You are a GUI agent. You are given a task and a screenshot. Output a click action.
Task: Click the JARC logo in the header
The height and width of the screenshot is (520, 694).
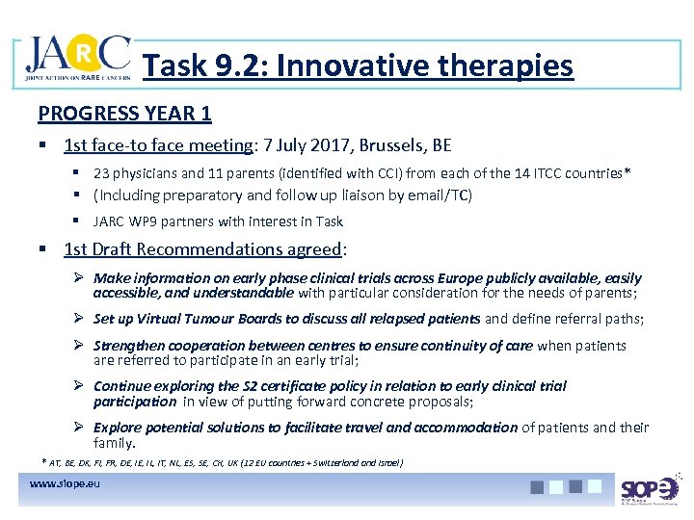pos(77,60)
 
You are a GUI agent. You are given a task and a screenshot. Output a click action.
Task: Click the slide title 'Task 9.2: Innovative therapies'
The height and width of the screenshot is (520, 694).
pos(358,65)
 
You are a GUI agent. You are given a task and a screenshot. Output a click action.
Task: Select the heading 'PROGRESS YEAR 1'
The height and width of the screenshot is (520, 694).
pos(124,113)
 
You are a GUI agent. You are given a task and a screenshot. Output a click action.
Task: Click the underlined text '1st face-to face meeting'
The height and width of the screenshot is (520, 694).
pos(157,146)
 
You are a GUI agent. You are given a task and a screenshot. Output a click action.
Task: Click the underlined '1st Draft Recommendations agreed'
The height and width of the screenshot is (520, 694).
pos(202,248)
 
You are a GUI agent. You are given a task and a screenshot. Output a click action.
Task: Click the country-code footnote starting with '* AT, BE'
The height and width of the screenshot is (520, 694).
pos(223,462)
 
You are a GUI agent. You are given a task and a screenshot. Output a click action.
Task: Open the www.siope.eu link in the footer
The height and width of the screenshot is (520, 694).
pos(66,482)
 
